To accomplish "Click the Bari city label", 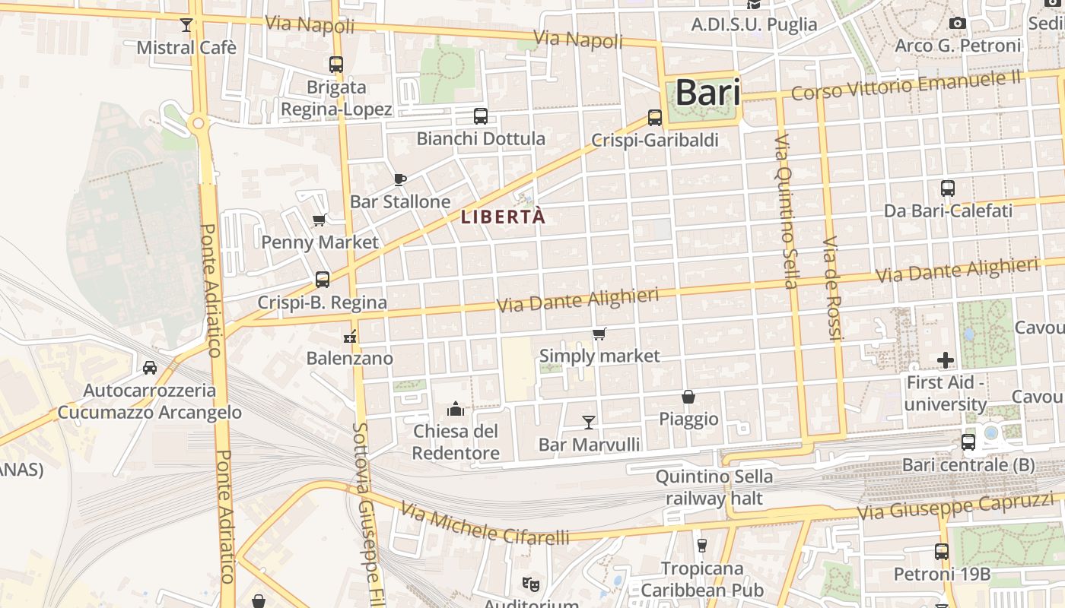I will point(707,93).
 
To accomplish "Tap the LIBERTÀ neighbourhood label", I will point(503,217).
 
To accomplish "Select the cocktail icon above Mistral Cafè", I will point(186,25).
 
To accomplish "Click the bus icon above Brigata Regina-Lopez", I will point(336,65).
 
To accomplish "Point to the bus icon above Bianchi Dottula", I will point(480,116).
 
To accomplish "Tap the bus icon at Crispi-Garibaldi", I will point(655,118).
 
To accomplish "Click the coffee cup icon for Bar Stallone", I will point(400,180).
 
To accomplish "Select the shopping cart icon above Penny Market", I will point(319,220).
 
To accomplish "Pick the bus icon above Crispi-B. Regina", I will point(323,280).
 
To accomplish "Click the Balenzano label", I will point(350,358).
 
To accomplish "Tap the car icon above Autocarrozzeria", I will point(150,368).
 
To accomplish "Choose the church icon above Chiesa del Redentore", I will point(456,410).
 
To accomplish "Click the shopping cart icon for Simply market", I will point(599,334).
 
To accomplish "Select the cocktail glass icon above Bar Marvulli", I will point(589,422).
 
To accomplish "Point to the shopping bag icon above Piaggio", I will point(688,397).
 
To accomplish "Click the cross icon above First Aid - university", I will point(946,359).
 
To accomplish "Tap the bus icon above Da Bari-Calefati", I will point(948,188).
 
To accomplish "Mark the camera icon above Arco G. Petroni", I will point(958,24).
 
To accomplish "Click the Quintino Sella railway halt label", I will point(714,488).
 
